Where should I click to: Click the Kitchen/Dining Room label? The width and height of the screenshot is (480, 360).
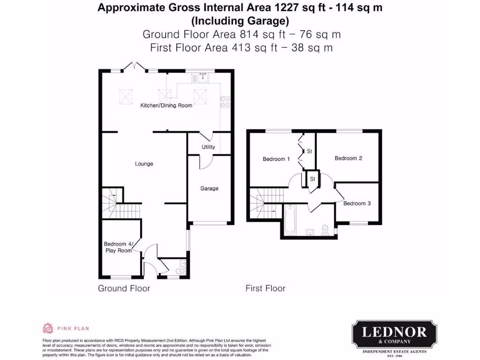coord(166,105)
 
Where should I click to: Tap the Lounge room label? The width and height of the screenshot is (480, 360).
coord(144,164)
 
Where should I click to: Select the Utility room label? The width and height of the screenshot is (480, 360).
coord(208,147)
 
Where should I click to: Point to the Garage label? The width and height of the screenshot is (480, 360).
coord(210,188)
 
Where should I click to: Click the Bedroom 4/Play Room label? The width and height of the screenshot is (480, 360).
coord(118,247)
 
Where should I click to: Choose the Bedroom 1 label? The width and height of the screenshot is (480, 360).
coord(276,159)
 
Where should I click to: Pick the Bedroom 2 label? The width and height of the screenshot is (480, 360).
coord(348,158)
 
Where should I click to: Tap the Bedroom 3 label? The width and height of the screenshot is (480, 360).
coord(357,203)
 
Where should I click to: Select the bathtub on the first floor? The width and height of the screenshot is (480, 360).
coord(289,220)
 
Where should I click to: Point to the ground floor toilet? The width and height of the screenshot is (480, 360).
coord(179,271)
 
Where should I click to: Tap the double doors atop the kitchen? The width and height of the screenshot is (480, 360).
coord(135,67)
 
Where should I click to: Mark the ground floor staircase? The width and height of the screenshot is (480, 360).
coord(114,201)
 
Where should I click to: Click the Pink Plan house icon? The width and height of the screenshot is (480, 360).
coord(47,328)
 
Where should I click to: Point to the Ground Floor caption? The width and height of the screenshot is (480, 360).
coord(124,288)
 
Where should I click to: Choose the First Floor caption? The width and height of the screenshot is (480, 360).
coord(265,288)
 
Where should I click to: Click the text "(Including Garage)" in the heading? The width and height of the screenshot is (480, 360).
coord(240,21)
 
